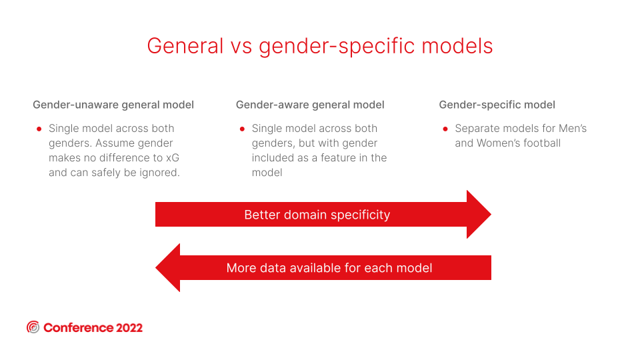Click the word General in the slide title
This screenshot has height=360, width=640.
click(185, 46)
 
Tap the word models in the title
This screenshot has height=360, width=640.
click(457, 46)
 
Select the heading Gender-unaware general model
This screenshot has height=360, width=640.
click(113, 105)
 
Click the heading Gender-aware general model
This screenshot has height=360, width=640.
click(310, 105)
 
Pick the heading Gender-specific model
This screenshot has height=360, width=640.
click(497, 105)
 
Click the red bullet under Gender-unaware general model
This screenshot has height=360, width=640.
click(39, 129)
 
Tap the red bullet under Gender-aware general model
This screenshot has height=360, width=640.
click(242, 129)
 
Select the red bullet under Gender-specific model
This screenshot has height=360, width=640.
click(445, 129)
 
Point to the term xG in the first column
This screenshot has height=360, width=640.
click(173, 158)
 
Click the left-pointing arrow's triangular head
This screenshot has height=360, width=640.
click(168, 268)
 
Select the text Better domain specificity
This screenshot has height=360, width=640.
click(317, 215)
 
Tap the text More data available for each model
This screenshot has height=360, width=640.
click(329, 268)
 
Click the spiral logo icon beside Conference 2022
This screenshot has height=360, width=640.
click(33, 327)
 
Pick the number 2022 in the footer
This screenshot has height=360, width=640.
click(129, 328)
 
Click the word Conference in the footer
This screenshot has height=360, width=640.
click(79, 328)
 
